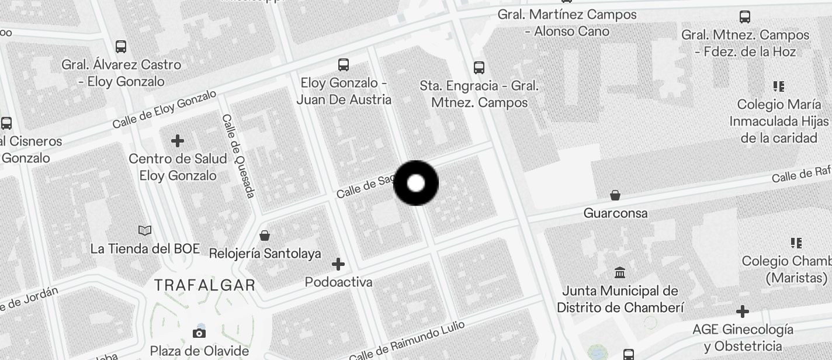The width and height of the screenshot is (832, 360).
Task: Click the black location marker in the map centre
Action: [x=416, y=183]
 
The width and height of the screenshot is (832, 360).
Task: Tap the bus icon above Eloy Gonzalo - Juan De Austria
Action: [x=344, y=65]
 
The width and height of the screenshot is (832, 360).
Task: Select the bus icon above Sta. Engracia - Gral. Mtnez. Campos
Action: [x=479, y=68]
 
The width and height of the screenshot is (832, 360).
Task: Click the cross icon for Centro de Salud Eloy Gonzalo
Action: [x=178, y=141]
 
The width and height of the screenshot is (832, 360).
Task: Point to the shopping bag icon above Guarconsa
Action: [x=615, y=195]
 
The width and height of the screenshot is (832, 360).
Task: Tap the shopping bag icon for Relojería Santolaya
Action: [x=265, y=236]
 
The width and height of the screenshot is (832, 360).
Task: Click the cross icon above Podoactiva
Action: [x=338, y=264]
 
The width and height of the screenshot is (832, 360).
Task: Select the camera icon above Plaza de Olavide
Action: [x=199, y=333]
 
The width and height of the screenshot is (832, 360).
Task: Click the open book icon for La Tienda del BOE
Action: [x=145, y=231]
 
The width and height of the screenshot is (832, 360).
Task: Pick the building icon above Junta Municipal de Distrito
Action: [x=620, y=272]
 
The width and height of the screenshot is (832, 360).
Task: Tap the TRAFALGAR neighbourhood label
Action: [x=204, y=285]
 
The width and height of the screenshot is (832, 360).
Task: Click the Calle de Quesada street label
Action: [x=238, y=155]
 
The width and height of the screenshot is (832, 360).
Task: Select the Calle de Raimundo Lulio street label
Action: [x=407, y=341]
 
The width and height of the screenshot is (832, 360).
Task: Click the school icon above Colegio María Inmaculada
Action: [x=779, y=86]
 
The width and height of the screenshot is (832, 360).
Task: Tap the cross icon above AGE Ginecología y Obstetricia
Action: [x=743, y=311]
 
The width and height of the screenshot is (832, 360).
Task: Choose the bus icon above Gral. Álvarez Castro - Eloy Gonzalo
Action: [x=121, y=47]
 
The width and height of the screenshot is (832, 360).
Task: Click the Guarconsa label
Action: [x=615, y=213]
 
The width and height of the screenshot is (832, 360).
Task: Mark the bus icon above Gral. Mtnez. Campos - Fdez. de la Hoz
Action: [x=745, y=17]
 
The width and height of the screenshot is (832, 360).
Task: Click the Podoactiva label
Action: [x=338, y=282]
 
